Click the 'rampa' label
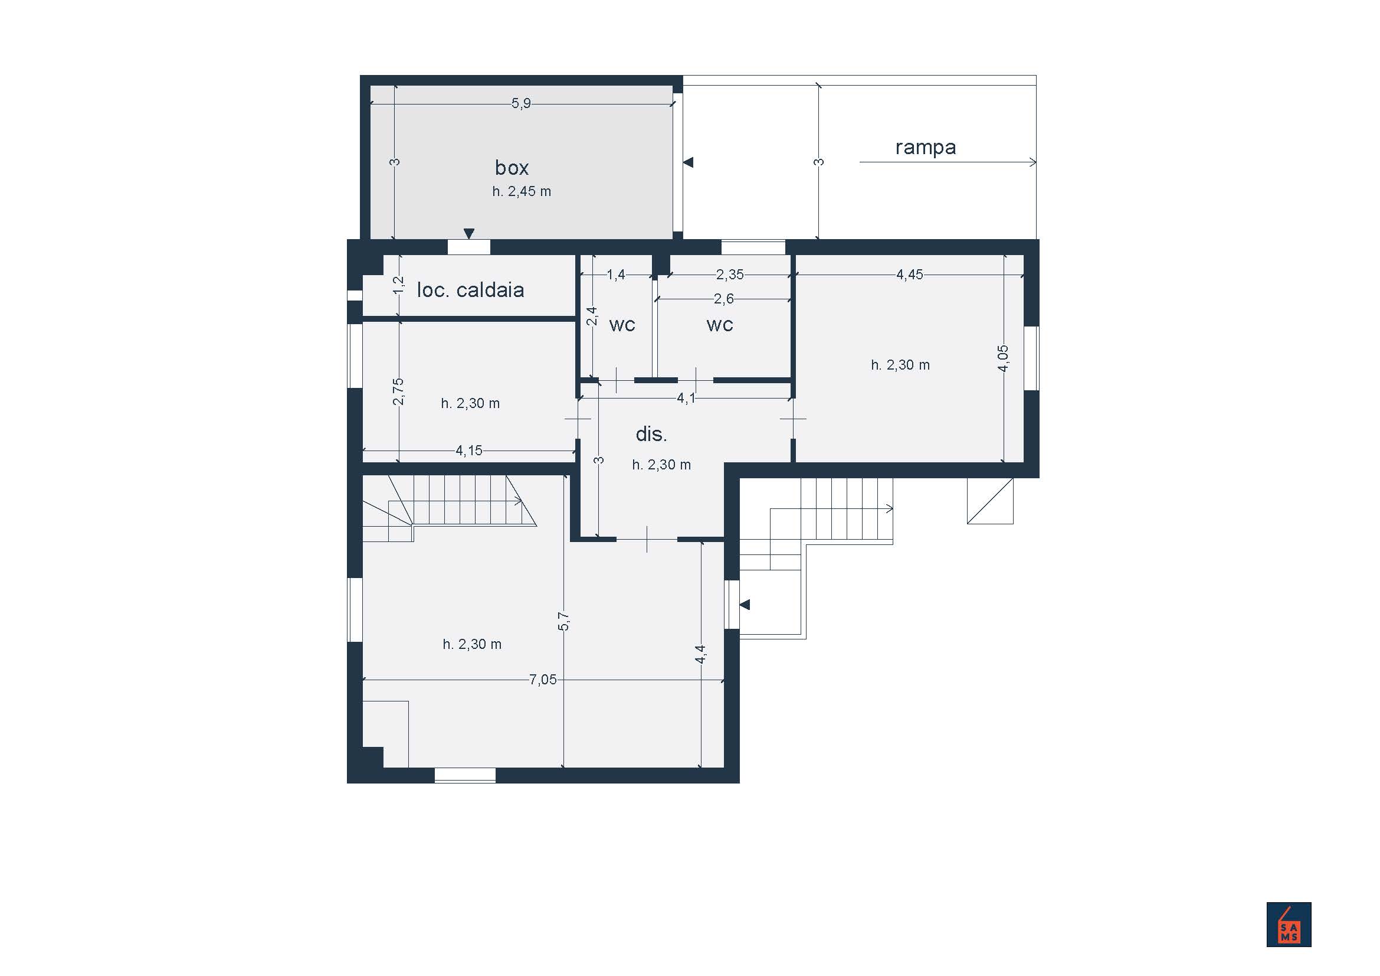click(x=926, y=148)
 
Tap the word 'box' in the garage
click(x=512, y=167)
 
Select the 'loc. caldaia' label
click(x=471, y=290)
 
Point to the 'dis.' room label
click(x=651, y=433)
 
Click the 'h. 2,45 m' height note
click(x=522, y=191)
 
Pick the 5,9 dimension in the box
click(x=521, y=103)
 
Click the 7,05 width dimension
click(x=543, y=680)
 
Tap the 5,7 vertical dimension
click(x=563, y=621)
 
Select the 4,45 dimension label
click(x=909, y=275)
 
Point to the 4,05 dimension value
click(x=1003, y=358)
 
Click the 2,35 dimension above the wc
click(x=730, y=275)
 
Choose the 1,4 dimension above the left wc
click(x=616, y=275)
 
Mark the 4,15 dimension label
click(x=469, y=451)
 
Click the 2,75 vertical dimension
click(x=398, y=391)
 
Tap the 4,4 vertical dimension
click(x=700, y=654)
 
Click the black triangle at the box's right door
click(x=689, y=162)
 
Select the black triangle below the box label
click(x=469, y=233)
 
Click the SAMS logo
click(x=1289, y=924)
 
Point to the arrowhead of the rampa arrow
click(x=1032, y=162)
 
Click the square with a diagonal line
click(x=990, y=500)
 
